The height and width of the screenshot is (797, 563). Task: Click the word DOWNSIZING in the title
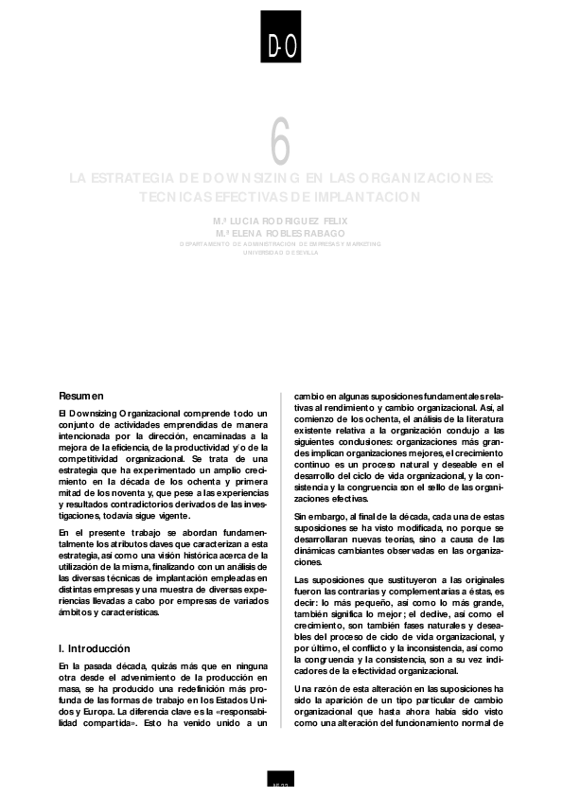coord(240,178)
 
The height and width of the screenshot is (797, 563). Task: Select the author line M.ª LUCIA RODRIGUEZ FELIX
coord(281,220)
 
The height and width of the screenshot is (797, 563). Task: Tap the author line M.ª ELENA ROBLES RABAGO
coord(281,232)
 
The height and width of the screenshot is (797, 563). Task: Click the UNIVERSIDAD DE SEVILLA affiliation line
coord(281,252)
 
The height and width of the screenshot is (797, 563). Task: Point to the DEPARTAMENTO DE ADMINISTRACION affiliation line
coord(281,243)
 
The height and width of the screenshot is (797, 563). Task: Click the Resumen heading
coord(80,395)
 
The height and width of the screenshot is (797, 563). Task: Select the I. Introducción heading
coord(93,649)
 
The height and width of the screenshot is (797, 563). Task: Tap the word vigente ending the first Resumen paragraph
coord(169,515)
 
